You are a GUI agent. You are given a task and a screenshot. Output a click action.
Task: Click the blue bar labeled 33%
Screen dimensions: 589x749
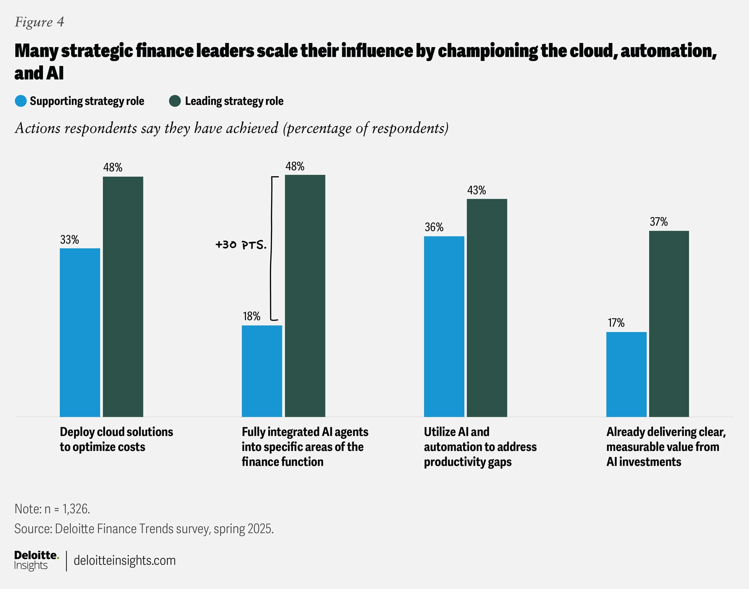point(80,333)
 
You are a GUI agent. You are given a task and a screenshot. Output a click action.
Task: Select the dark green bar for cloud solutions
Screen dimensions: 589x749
point(123,297)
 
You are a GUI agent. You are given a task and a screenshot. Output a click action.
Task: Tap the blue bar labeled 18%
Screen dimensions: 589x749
point(261,371)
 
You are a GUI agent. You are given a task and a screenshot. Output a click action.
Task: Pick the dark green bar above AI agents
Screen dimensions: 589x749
point(305,296)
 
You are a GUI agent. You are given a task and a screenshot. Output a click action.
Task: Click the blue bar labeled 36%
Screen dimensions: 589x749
point(444,326)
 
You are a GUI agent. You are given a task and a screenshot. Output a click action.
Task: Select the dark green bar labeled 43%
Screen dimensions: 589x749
point(487,308)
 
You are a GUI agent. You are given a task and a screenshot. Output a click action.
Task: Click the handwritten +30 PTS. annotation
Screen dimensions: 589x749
point(241,245)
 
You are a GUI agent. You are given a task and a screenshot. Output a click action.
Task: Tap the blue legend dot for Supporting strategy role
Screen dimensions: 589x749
point(21,101)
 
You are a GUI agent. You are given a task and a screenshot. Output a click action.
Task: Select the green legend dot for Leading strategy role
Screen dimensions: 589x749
point(175,101)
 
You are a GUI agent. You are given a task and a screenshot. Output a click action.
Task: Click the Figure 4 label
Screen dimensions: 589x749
point(39,22)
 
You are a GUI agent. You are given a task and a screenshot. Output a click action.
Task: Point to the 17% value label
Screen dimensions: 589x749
point(616,323)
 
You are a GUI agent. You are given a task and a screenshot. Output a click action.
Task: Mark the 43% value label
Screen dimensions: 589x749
point(477,190)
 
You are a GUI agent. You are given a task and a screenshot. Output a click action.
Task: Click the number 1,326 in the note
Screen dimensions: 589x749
point(75,509)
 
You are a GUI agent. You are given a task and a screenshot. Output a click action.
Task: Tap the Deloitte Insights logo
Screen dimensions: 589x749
point(36,560)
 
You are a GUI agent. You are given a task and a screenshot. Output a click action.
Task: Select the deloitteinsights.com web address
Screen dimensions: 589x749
point(125,560)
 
